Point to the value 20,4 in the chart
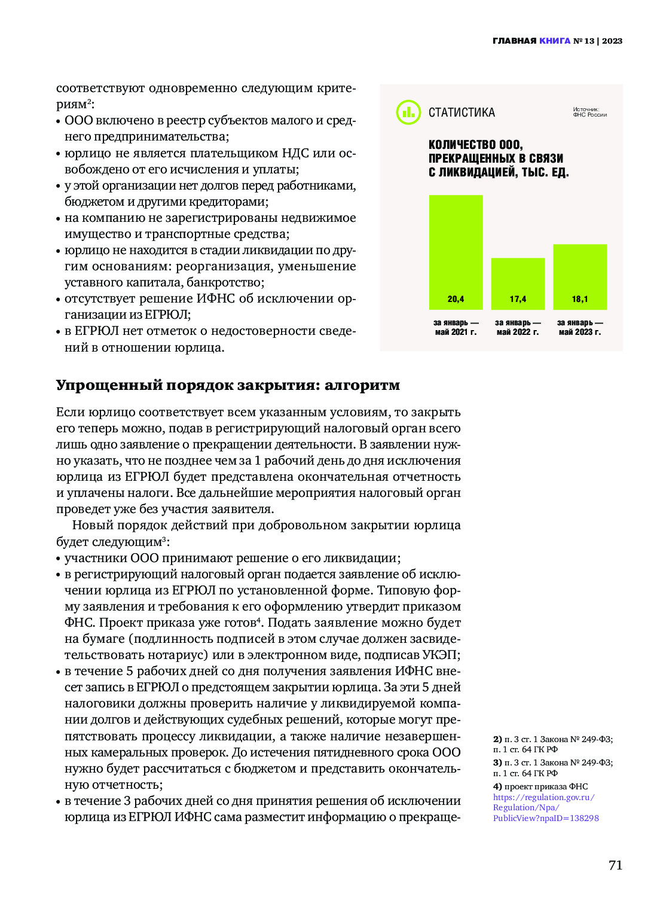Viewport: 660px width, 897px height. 456,299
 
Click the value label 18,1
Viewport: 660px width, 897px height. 580,299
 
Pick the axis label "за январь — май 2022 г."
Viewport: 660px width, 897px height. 518,327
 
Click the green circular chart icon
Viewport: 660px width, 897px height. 408,112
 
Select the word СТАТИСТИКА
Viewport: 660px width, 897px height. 462,112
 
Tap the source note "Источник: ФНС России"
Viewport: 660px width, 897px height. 589,112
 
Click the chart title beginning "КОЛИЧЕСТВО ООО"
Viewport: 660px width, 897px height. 498,158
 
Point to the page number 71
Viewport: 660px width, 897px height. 615,865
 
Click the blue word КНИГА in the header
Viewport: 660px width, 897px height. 555,41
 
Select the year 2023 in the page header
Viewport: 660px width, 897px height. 612,41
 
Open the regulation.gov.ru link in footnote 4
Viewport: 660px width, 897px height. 545,807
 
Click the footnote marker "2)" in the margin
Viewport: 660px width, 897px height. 497,739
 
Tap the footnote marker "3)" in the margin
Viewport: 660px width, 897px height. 497,762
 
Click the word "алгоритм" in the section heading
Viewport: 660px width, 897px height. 362,385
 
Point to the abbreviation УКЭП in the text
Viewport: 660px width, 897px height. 441,655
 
